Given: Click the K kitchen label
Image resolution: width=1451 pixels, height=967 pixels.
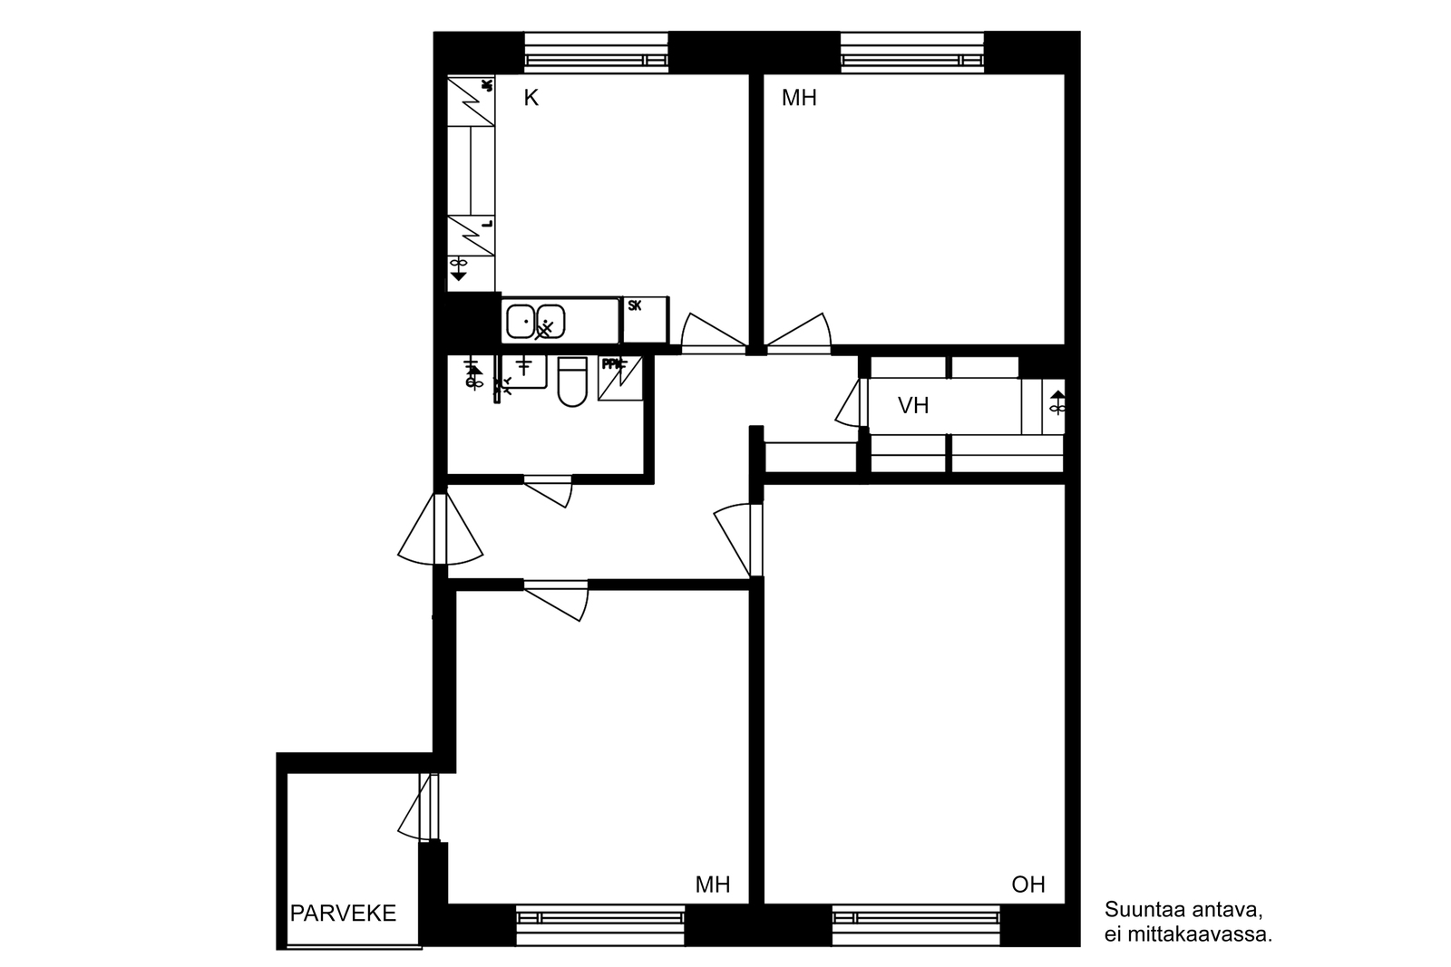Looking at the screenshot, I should click(531, 98).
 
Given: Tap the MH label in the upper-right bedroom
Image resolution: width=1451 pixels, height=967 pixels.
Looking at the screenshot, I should click(799, 98).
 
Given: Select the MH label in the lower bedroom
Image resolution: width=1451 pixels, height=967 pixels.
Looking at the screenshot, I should click(712, 885).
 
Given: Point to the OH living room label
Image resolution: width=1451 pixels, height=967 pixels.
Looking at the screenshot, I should click(1027, 885).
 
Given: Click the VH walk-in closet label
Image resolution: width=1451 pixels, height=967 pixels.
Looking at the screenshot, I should click(913, 405).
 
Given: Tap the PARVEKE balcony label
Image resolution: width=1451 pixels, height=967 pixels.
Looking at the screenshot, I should click(343, 913).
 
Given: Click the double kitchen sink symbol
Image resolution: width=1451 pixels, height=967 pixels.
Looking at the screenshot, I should click(535, 322).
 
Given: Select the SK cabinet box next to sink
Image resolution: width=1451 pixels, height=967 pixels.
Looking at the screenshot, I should click(645, 320).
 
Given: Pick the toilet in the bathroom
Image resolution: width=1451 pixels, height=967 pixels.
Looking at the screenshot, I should click(572, 382).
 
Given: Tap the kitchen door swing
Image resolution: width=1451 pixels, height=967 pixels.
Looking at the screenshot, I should click(712, 333).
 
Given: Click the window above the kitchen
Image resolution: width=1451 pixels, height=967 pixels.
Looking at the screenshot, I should click(597, 52).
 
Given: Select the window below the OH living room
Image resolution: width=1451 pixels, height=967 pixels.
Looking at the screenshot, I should click(916, 924).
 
